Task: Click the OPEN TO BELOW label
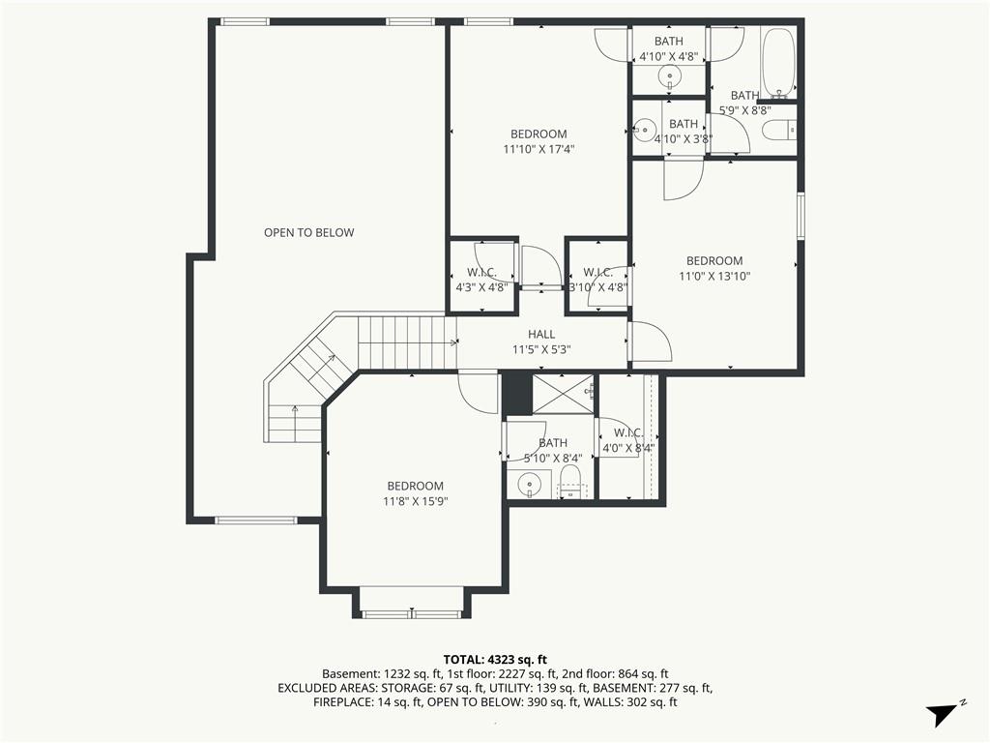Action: tap(308, 232)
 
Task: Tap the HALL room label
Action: tap(541, 334)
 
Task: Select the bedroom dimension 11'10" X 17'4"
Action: tap(539, 149)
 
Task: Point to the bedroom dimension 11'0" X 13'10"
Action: tap(714, 276)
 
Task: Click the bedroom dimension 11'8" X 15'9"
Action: tap(416, 502)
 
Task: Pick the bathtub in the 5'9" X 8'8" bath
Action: tap(778, 63)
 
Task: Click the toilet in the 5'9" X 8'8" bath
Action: tap(779, 131)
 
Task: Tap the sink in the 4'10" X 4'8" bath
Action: tap(669, 78)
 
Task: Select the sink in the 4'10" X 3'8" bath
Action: tap(645, 131)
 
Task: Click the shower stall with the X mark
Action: tap(564, 395)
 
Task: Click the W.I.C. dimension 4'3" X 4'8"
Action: tap(481, 286)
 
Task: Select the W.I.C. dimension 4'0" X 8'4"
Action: tap(628, 448)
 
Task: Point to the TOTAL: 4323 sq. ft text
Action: tap(495, 660)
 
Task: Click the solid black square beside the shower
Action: tap(518, 394)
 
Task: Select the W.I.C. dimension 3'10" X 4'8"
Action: tap(597, 286)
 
